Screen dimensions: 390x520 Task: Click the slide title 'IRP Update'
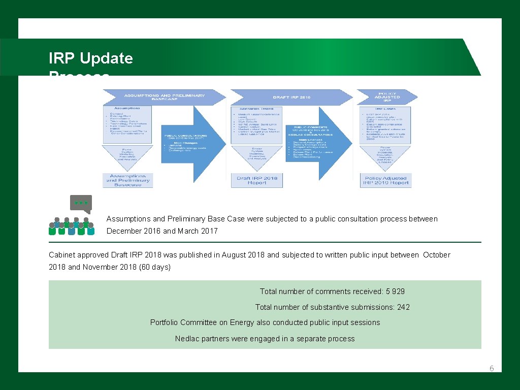coord(90,58)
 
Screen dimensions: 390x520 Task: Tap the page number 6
coord(492,369)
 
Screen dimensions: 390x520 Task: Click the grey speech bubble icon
coord(81,204)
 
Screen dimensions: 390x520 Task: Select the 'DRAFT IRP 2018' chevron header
coord(291,97)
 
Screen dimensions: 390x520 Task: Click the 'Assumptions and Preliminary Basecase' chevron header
coord(164,97)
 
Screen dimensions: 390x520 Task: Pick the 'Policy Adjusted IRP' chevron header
coord(387,97)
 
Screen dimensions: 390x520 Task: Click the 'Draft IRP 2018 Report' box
coord(257,180)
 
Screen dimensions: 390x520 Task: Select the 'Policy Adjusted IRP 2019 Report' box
coord(386,180)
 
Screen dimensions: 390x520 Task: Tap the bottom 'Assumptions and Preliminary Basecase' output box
coord(128,180)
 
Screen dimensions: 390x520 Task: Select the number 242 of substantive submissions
coord(404,307)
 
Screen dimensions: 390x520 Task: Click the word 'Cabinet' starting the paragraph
coord(61,255)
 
